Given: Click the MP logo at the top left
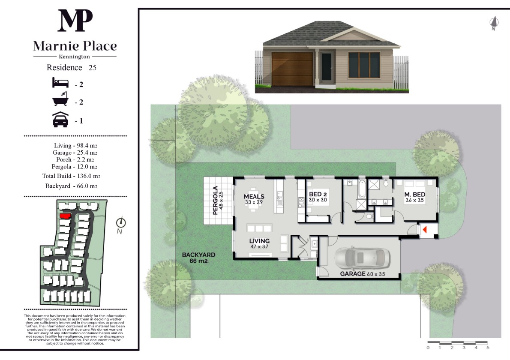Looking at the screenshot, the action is pos(75,20).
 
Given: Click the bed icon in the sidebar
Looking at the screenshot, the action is pos(60,83).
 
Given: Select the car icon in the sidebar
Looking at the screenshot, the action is pos(60,119).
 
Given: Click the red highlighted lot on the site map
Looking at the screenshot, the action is pos(66,216).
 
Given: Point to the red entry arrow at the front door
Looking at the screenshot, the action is pos(424,230).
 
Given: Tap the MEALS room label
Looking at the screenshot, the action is pos(254,196).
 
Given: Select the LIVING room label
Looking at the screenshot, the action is pos(259,241).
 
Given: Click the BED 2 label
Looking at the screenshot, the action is pos(318,194).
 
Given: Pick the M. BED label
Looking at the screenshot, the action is pos(415,195).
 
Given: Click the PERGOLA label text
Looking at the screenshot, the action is pos(215,200).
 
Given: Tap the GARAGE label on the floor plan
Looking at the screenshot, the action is pos(353,274).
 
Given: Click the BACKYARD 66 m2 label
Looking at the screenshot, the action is pos(198,258).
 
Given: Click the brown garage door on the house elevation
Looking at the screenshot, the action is pos(292,69).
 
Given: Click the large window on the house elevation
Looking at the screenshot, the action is pos(364,65).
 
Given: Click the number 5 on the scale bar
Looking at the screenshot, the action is pos(488,348).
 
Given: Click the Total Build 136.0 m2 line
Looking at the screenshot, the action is pos(71,176).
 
